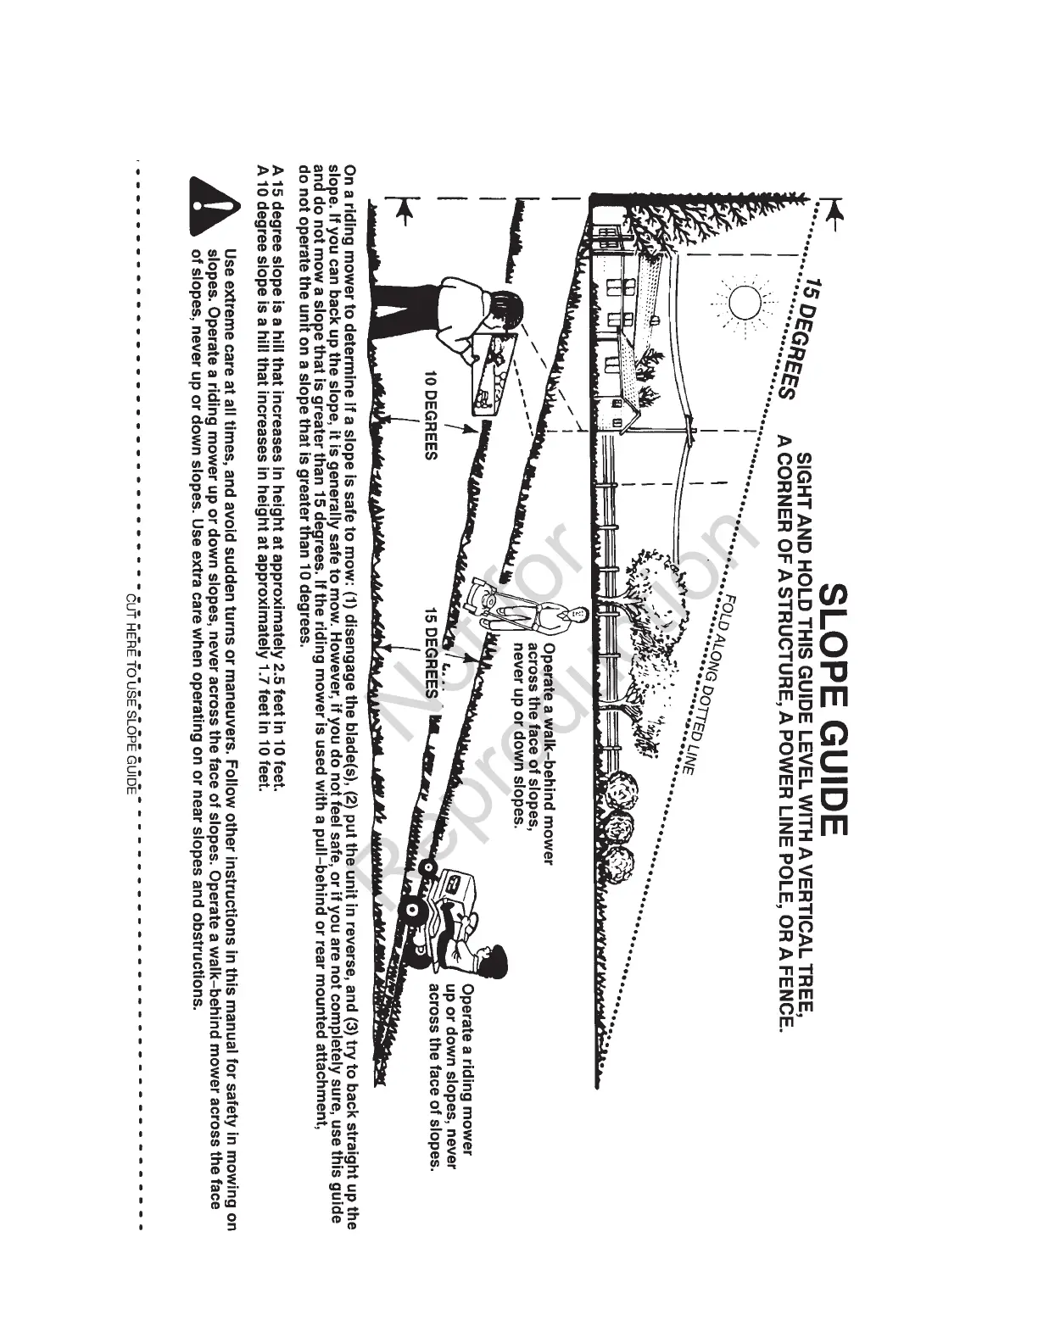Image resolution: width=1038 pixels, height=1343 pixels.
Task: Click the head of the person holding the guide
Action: pyautogui.click(x=505, y=309)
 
